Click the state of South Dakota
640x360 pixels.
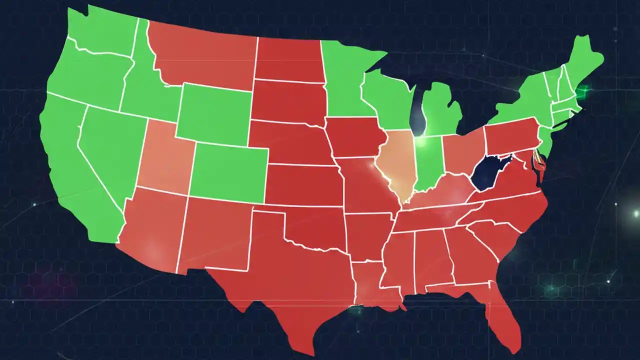[287, 100]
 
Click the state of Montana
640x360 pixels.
[205, 55]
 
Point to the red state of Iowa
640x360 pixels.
[355, 137]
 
